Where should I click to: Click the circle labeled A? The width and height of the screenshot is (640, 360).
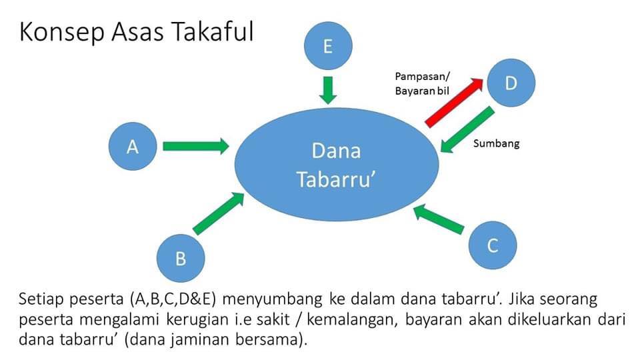(133, 146)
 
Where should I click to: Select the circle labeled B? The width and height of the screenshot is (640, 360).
(181, 258)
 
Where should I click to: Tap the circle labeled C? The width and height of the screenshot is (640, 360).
(493, 245)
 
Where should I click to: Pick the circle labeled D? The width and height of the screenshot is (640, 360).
(511, 83)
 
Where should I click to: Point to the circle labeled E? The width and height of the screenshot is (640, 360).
(328, 46)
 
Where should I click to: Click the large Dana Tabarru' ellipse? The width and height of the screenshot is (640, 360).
(336, 165)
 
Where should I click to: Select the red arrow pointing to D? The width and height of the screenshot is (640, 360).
(454, 102)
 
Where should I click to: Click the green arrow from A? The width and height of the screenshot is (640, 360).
(196, 146)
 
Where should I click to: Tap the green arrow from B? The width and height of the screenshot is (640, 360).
(219, 213)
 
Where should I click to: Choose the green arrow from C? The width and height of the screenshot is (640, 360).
(439, 219)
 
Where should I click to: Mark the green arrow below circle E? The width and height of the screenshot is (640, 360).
(328, 90)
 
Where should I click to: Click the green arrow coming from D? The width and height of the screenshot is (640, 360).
(467, 130)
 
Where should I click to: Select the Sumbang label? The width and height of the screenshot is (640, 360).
(496, 144)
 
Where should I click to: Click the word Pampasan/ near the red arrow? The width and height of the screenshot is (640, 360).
(423, 77)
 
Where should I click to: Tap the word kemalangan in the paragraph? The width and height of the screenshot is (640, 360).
(352, 319)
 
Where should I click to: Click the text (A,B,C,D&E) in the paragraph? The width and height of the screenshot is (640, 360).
(173, 299)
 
